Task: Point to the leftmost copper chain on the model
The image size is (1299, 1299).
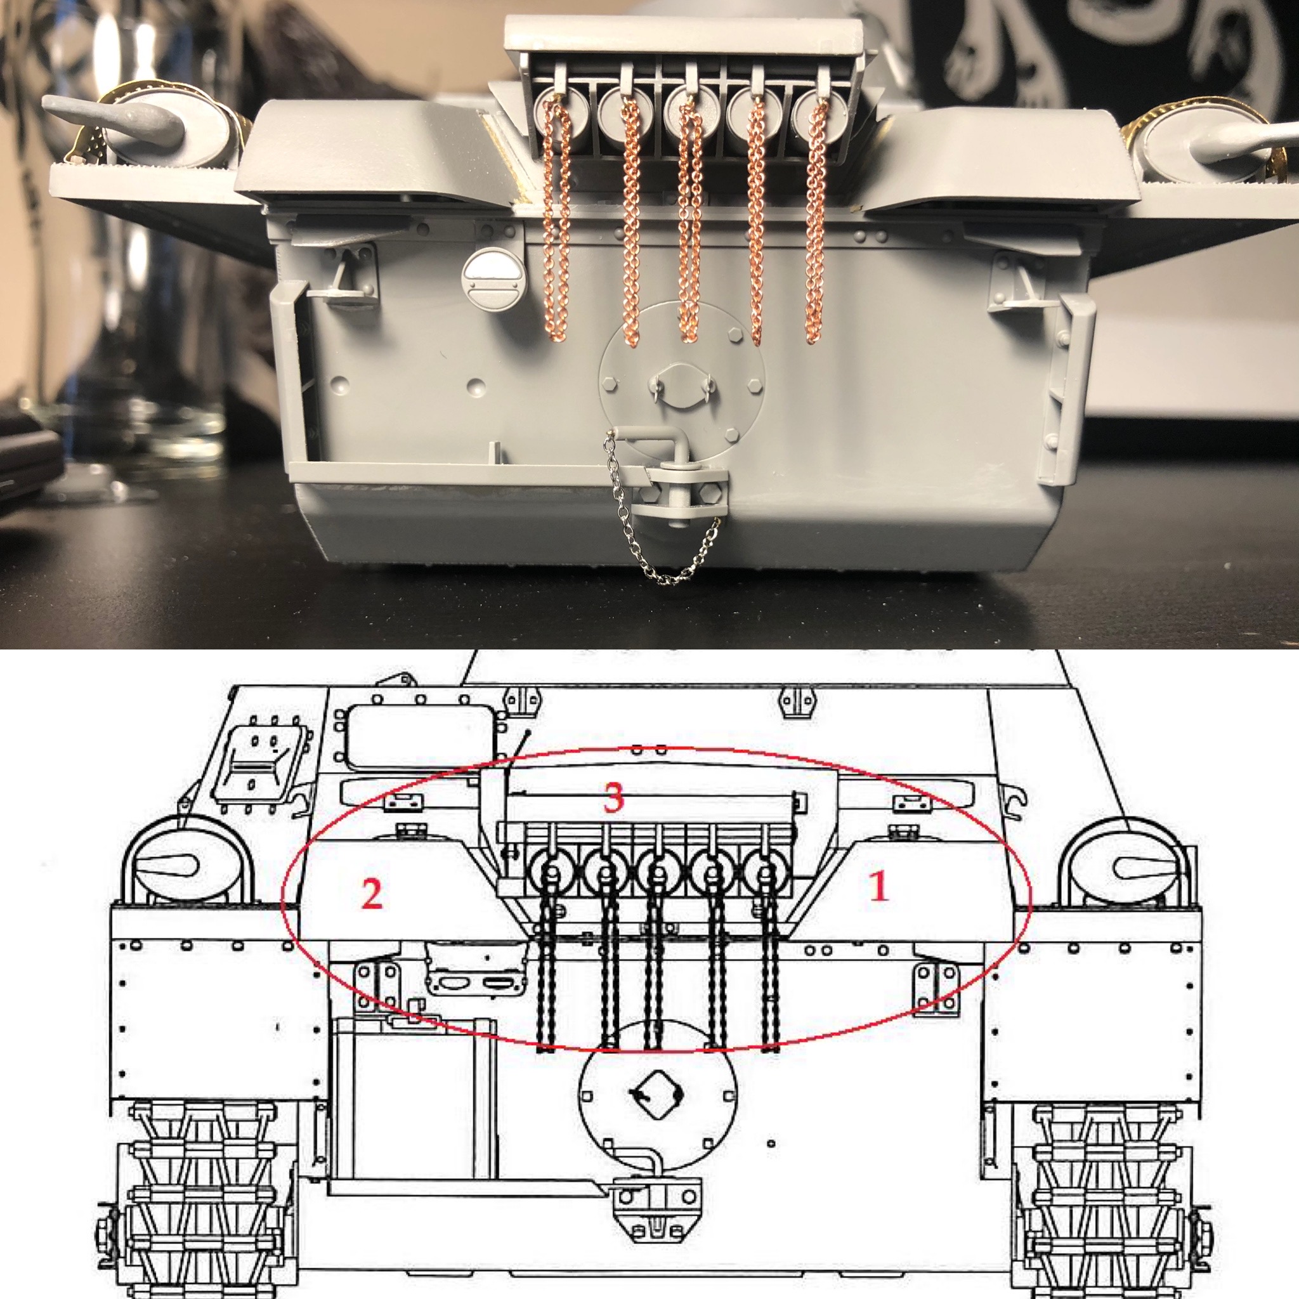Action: (556, 222)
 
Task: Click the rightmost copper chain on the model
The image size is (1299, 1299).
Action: (816, 222)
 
